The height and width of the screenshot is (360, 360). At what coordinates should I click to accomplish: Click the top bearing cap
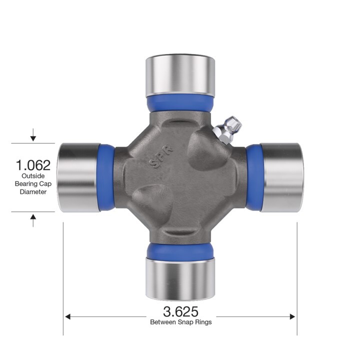coord(180,74)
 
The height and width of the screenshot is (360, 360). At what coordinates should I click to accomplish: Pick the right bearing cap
coord(281,177)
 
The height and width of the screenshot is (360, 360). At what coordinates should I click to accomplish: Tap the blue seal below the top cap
coord(180,103)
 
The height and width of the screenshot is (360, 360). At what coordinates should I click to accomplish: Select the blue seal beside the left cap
coord(106,177)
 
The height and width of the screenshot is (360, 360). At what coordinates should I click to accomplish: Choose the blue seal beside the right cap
coord(253,177)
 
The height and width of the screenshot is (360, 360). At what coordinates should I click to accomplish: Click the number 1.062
coord(33,165)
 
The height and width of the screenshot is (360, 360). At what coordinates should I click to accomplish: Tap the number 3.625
coord(180,311)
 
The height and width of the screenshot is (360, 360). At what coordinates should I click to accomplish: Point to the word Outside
coord(33,176)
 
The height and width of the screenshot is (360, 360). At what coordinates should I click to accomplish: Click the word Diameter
coord(33,191)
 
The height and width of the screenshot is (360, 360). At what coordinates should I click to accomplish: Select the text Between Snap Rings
coord(180,322)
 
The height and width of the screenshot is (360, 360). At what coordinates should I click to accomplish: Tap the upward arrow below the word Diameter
coord(33,218)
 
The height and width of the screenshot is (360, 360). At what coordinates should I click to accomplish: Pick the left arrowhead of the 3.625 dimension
coord(68,316)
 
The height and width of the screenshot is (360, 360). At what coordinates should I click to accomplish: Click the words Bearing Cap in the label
coord(33,184)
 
